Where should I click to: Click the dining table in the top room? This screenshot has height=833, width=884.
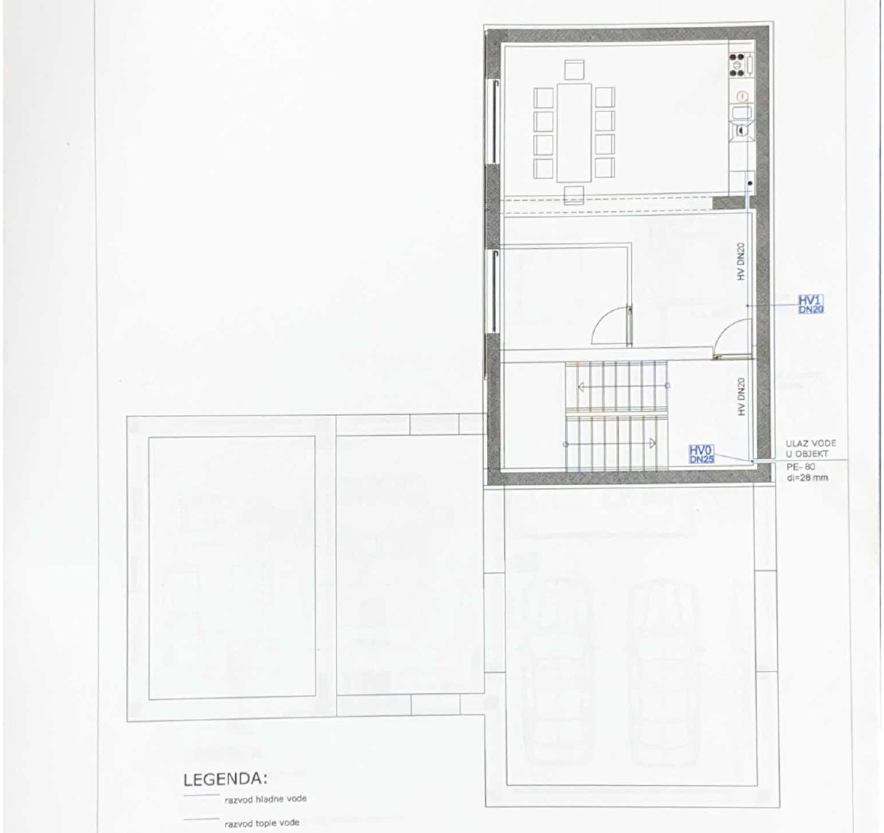click(574, 133)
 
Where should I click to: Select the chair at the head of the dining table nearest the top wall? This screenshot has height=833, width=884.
click(574, 69)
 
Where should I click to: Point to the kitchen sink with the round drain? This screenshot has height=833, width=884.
click(742, 130)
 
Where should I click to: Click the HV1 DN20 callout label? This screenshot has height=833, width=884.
click(811, 304)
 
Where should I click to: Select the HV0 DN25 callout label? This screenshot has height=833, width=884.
click(702, 455)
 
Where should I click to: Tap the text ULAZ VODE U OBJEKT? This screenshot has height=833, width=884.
click(811, 447)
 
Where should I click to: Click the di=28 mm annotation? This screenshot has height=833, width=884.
click(808, 477)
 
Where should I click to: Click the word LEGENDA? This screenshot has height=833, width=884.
click(225, 780)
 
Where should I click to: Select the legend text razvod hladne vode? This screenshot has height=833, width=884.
click(266, 799)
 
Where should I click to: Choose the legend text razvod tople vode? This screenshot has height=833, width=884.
click(261, 823)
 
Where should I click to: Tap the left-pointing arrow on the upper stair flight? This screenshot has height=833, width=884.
click(582, 387)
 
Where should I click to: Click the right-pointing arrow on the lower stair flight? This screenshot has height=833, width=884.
click(651, 443)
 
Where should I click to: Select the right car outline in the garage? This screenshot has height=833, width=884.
click(665, 670)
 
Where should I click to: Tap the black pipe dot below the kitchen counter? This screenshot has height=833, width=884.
click(749, 184)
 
